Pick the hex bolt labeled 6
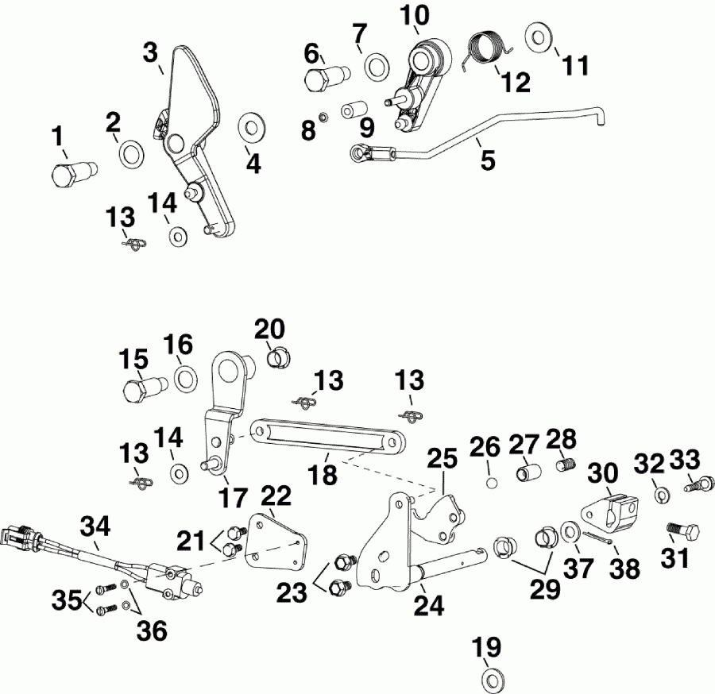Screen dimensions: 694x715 tap(323, 79)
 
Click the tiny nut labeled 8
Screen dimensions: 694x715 tap(323, 118)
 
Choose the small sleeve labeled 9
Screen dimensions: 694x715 tap(352, 110)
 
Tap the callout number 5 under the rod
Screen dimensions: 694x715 tap(487, 160)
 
